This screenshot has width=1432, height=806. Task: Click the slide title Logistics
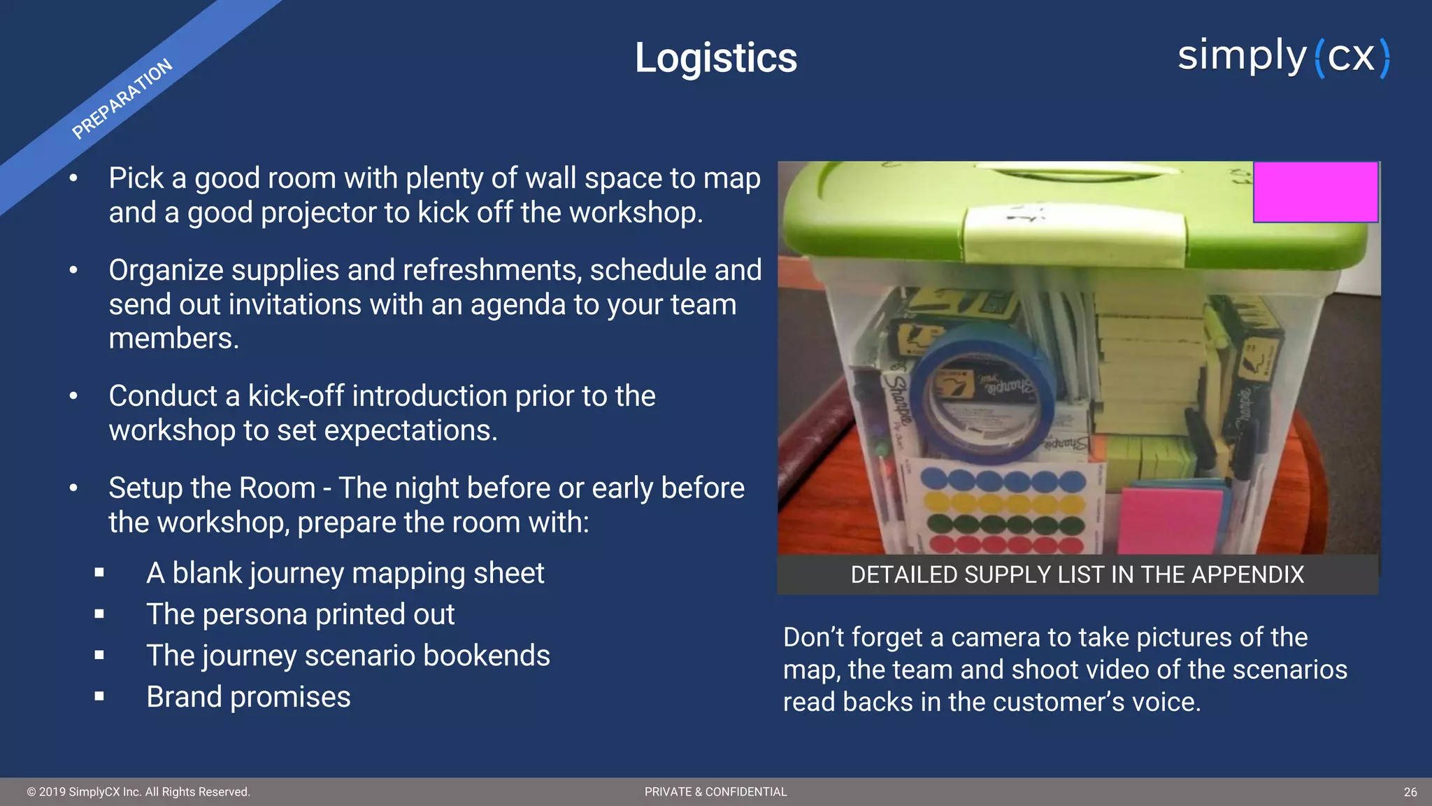(715, 57)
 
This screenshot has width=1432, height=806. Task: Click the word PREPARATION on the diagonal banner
(122, 99)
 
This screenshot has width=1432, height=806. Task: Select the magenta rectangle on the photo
(1315, 192)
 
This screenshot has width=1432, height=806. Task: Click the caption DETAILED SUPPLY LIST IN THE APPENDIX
(1077, 574)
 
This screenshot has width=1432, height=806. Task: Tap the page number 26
(1410, 792)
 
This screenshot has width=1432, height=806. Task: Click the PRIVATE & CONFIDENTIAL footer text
(715, 792)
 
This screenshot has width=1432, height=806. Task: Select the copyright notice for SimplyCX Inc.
(138, 792)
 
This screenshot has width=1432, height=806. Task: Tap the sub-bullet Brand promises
(248, 697)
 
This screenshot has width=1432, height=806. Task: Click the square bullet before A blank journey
(99, 573)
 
